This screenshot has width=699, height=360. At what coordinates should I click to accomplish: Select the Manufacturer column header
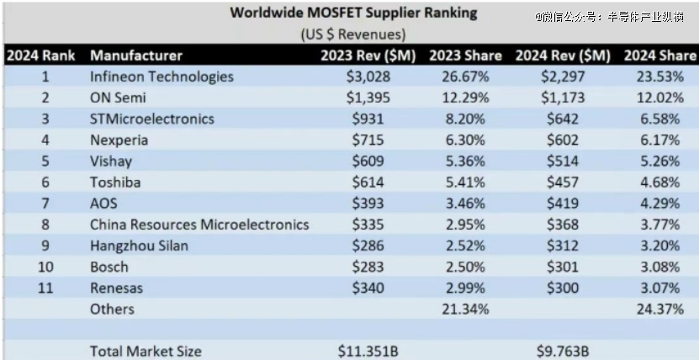tap(136, 56)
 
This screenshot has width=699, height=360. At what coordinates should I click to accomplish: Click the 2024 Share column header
tap(659, 56)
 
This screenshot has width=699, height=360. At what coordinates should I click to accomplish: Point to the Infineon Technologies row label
tap(162, 77)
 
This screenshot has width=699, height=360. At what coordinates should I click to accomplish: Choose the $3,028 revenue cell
tap(364, 77)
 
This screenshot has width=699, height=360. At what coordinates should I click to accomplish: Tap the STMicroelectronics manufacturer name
tap(152, 119)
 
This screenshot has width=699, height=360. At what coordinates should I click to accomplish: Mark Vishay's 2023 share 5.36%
tap(465, 161)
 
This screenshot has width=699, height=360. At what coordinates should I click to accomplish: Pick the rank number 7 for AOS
tap(45, 204)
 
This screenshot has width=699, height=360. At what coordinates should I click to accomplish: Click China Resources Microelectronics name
tap(199, 225)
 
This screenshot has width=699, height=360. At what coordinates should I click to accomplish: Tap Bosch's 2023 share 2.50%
tap(465, 267)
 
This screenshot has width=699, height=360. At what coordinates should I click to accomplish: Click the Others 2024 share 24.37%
tap(659, 310)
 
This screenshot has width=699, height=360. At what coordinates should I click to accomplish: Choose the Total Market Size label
tap(146, 350)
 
